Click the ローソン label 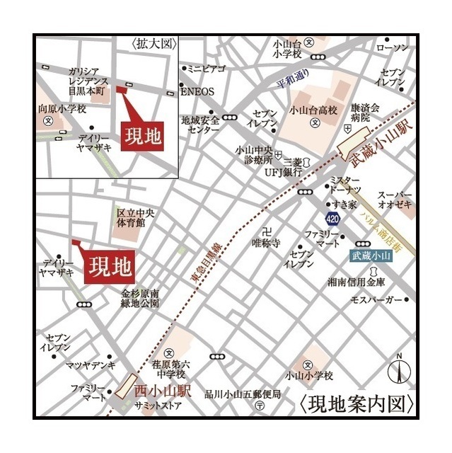[393, 47]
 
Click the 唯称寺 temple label [267, 243]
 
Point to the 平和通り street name [294, 78]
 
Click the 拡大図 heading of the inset [153, 43]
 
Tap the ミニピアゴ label [205, 69]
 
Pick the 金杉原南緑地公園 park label [140, 298]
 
